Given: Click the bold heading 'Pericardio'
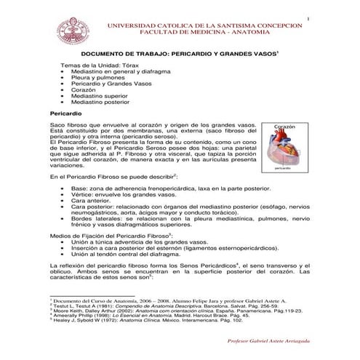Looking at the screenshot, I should coord(65,114).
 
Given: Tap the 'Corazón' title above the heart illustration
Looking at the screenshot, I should coord(284,127).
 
